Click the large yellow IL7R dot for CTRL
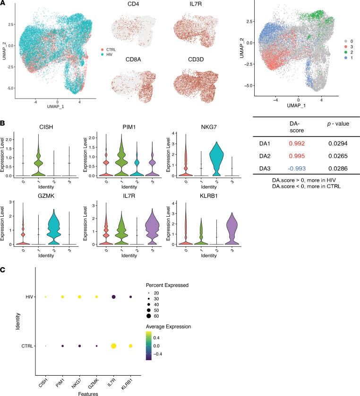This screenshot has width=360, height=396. pos(113,346)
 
